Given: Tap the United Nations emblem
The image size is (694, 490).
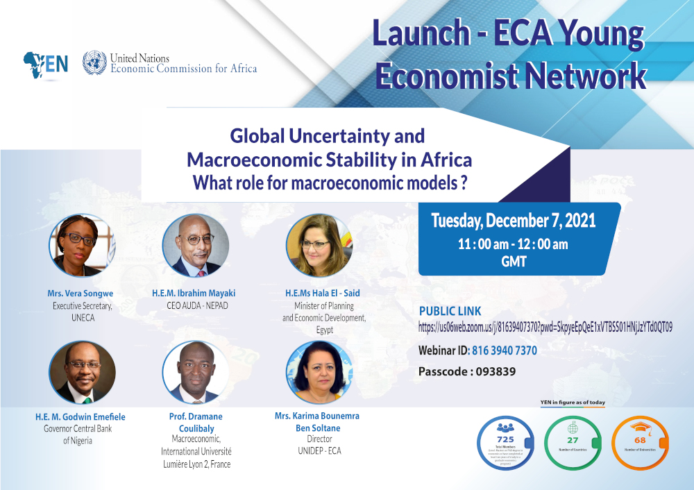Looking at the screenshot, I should pyautogui.click(x=94, y=63).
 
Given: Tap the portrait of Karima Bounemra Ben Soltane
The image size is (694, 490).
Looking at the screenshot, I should pyautogui.click(x=319, y=373).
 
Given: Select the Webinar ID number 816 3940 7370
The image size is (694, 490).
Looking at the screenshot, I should pyautogui.click(x=504, y=350).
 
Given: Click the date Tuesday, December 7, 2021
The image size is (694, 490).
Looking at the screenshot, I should pyautogui.click(x=513, y=221).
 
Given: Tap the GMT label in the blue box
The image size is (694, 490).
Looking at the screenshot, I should pyautogui.click(x=514, y=262).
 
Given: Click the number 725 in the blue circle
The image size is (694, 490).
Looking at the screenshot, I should pyautogui.click(x=505, y=439).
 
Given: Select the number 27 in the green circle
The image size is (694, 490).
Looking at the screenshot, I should pyautogui.click(x=573, y=439).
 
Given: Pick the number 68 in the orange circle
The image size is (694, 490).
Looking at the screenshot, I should pyautogui.click(x=639, y=439).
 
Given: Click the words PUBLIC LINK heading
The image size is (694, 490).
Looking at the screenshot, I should pyautogui.click(x=450, y=311).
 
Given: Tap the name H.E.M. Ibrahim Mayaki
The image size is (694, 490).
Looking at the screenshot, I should pyautogui.click(x=195, y=294).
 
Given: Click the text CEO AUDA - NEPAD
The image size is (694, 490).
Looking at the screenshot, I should pyautogui.click(x=195, y=305).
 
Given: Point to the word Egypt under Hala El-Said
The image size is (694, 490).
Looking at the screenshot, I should pyautogui.click(x=324, y=330).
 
